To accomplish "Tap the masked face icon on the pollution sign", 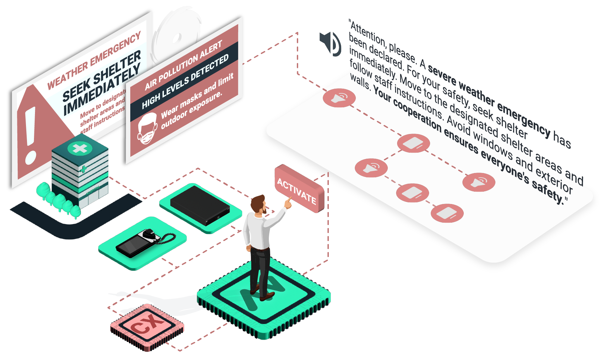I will [147, 129].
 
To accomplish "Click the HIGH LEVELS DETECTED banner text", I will [185, 82].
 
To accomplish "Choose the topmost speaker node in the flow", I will [339, 98].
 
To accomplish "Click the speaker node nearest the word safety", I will [479, 182].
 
